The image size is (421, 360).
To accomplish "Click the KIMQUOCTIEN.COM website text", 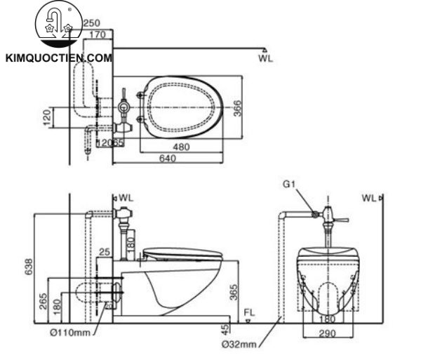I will (x=58, y=59).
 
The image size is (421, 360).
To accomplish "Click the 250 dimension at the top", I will (x=91, y=22).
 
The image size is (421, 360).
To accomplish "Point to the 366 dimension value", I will (x=238, y=107).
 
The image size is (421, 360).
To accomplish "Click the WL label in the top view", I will (x=265, y=58).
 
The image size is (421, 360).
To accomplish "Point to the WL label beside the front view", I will (x=369, y=199).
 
